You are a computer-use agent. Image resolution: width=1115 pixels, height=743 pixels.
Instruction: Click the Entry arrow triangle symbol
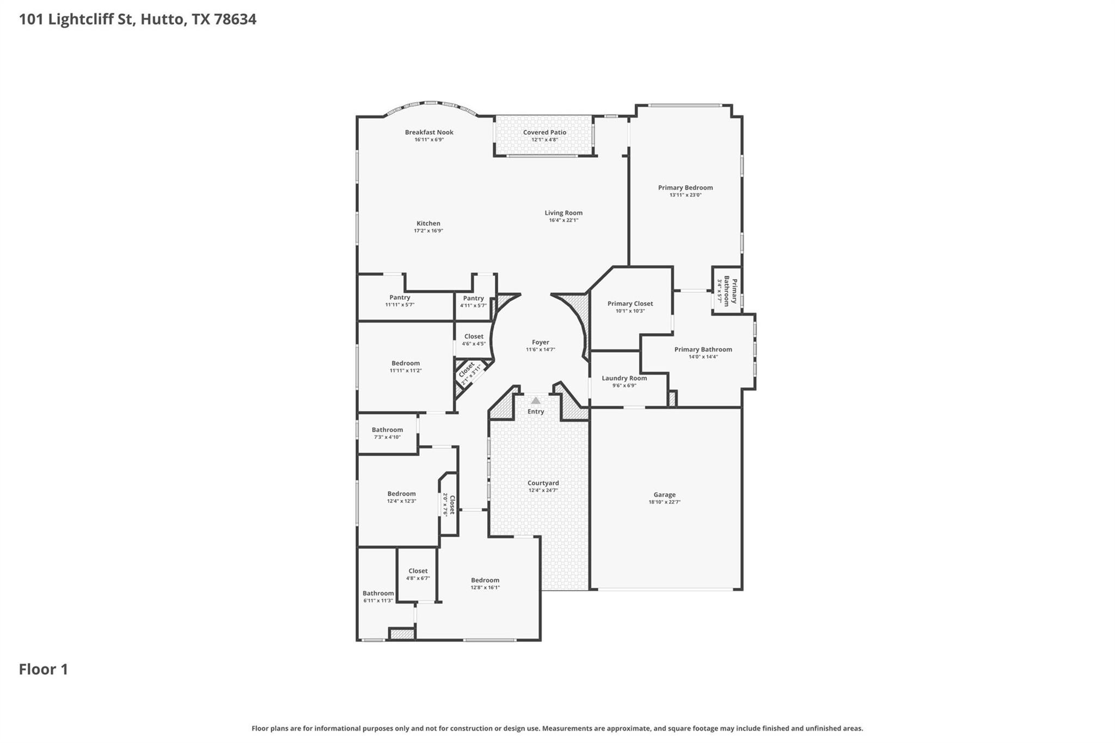536,401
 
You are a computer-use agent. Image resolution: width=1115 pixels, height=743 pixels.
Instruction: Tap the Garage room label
664,495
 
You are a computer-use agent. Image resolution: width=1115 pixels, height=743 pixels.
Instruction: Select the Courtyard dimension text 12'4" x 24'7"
543,490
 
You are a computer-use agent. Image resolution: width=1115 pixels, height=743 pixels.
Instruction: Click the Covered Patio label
544,132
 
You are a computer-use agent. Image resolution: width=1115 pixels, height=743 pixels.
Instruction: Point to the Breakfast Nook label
429,132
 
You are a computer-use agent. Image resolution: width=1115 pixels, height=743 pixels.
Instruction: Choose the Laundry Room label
624,378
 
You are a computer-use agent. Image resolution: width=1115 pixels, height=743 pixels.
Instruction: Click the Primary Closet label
630,304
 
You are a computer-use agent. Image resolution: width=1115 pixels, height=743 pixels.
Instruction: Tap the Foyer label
540,342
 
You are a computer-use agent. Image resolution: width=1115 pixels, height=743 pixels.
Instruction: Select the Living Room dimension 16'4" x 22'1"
563,220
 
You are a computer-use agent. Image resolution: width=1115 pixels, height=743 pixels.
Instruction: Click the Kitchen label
428,223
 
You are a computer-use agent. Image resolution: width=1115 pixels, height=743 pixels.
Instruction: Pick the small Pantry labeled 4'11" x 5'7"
473,298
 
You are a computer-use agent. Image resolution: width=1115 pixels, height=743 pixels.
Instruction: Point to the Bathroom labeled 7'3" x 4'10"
387,430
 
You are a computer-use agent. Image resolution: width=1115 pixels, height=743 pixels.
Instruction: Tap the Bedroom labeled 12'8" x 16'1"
485,580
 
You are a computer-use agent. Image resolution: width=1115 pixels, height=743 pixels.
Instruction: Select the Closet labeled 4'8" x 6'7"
418,571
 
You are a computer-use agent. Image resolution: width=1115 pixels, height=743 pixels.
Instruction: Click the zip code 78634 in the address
235,20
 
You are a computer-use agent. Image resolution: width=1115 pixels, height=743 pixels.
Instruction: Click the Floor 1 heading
44,670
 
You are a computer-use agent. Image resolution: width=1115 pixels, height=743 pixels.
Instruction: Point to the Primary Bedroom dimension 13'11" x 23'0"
685,195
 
